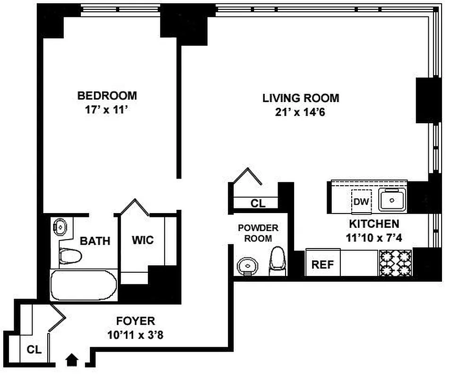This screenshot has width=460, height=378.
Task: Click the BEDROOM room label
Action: coord(107,95)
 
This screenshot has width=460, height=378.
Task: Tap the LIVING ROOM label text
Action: coord(301,98)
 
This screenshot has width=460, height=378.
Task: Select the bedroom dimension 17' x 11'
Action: coord(107,110)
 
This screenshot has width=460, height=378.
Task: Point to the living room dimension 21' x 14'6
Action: coord(301,112)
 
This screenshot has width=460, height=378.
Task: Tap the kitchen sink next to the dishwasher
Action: coord(392,200)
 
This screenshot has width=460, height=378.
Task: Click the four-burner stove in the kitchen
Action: coord(395,263)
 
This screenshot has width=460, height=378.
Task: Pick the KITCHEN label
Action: coord(374,224)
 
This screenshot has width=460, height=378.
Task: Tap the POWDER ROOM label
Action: coord(258,233)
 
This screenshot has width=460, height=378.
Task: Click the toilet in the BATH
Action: coord(69,256)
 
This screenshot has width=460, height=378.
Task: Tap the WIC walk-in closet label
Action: coord(142,240)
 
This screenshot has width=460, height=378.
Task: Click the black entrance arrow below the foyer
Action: coord(72,360)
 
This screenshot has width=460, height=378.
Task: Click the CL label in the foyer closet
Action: coord(34,350)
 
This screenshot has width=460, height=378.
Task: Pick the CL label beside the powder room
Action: coord(258,203)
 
